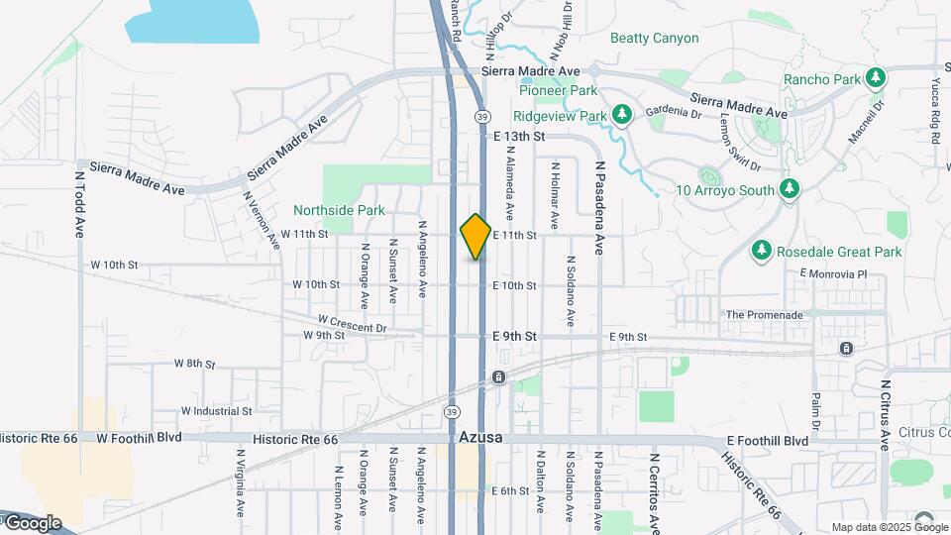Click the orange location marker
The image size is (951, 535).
click(475, 237)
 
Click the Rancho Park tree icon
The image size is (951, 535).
click(874, 77)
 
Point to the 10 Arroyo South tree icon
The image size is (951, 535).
click(789, 188)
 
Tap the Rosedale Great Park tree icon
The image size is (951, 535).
click(762, 252)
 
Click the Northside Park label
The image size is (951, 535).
click(339, 210)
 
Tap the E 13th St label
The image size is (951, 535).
click(519, 136)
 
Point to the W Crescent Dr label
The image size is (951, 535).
click(352, 322)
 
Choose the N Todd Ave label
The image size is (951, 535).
click(79, 204)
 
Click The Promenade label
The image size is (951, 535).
click(764, 314)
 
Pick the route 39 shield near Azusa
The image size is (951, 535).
click(452, 411)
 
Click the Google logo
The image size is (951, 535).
click(32, 522)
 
